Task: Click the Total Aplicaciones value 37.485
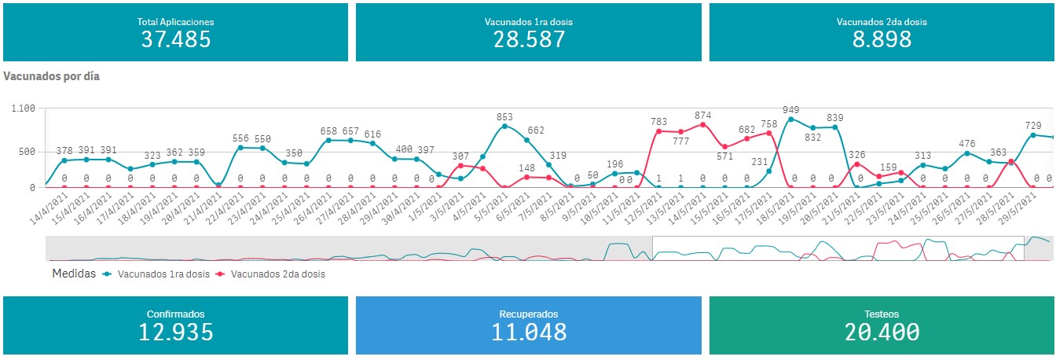click(x=175, y=39)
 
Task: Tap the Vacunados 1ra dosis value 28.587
click(x=529, y=39)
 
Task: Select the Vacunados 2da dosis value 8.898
click(x=882, y=39)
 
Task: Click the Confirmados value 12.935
click(x=175, y=332)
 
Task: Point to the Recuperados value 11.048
click(x=529, y=332)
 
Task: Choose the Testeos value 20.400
click(x=882, y=332)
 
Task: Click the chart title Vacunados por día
click(x=52, y=77)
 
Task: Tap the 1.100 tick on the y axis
click(x=23, y=108)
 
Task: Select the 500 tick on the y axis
click(x=28, y=152)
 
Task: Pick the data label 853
click(x=504, y=117)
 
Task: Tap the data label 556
click(x=241, y=138)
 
